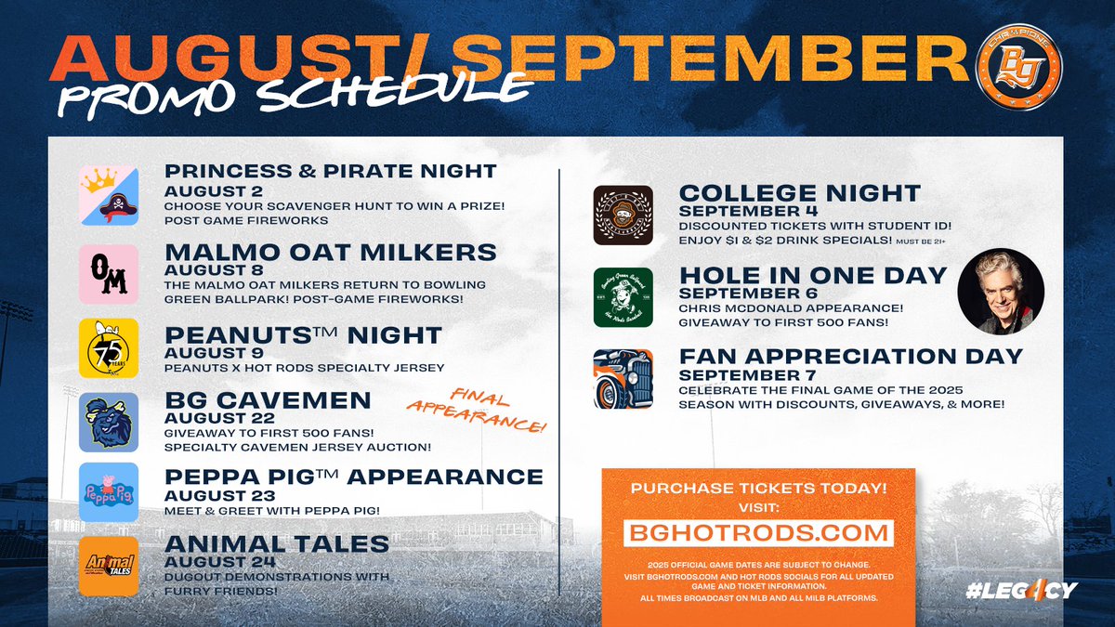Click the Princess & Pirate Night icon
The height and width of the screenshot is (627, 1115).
click(x=108, y=195)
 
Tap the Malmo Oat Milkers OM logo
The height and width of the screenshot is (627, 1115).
click(x=108, y=275)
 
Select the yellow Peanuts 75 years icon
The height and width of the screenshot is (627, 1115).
click(x=108, y=348)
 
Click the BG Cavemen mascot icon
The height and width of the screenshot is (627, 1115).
click(x=108, y=422)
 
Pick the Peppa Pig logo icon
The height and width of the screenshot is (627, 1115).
click(x=108, y=493)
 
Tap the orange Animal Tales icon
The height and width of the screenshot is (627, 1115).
click(x=108, y=565)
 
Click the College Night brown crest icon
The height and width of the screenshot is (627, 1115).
click(x=623, y=216)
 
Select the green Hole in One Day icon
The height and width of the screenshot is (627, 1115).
click(x=623, y=297)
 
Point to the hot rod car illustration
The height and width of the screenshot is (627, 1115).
click(x=623, y=378)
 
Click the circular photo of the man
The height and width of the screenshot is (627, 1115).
click(x=1001, y=291)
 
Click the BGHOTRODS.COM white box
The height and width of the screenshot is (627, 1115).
click(x=758, y=534)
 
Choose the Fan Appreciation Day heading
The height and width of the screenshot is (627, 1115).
click(x=851, y=356)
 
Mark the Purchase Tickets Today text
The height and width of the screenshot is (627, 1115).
click(x=758, y=488)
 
